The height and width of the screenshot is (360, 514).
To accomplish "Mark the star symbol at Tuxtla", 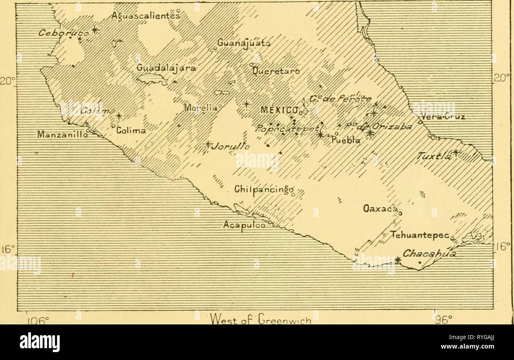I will pyautogui.click(x=456, y=152).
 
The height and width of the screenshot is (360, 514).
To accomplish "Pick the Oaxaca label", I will pyautogui.click(x=380, y=208).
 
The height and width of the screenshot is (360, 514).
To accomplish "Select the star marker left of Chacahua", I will pyautogui.click(x=398, y=260).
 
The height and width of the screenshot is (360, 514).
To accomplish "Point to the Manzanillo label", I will pyautogui.click(x=60, y=134).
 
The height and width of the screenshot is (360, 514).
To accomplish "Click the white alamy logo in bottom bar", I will pyautogui.click(x=40, y=342).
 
